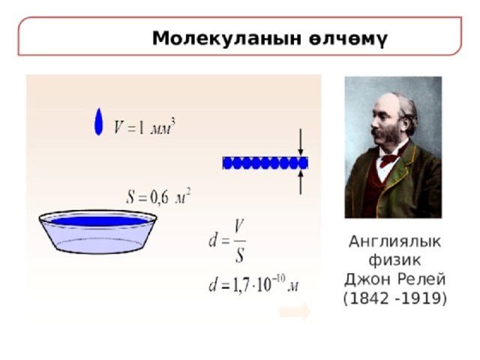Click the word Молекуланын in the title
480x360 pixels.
coord(226,39)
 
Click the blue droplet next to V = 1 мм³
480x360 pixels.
coord(98,121)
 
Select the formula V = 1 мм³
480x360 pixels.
coord(145,127)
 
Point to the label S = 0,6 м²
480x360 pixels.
coord(158,196)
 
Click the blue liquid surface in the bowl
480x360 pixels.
coord(99,221)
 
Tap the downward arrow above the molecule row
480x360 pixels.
coord(301,142)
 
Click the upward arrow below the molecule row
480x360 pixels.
coord(301,182)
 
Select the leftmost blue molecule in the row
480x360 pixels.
coord(228,163)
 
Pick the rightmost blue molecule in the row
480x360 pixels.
coord(303,163)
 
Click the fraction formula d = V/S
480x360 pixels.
coord(227,241)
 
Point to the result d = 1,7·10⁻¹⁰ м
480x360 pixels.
coord(253,283)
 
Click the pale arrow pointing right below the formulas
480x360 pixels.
coord(295,312)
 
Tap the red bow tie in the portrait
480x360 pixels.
coord(389,158)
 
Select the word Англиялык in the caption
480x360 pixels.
coord(395,241)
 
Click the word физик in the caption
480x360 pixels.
coord(394,260)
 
